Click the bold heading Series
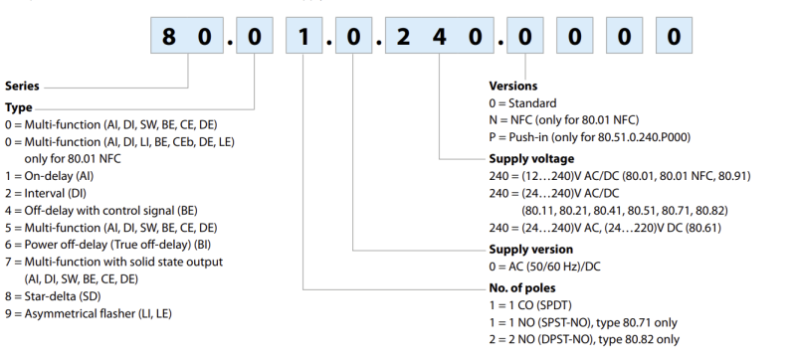click(x=21, y=87)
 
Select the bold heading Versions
click(x=514, y=87)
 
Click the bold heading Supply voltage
click(x=529, y=158)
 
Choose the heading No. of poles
click(x=524, y=285)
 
